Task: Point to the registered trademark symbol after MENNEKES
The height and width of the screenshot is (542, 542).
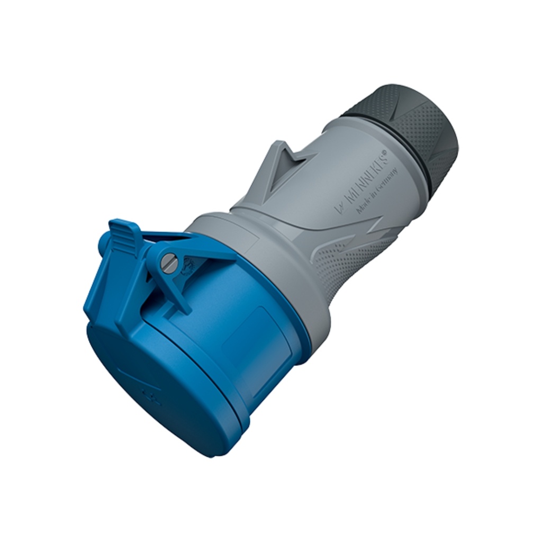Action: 385,152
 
